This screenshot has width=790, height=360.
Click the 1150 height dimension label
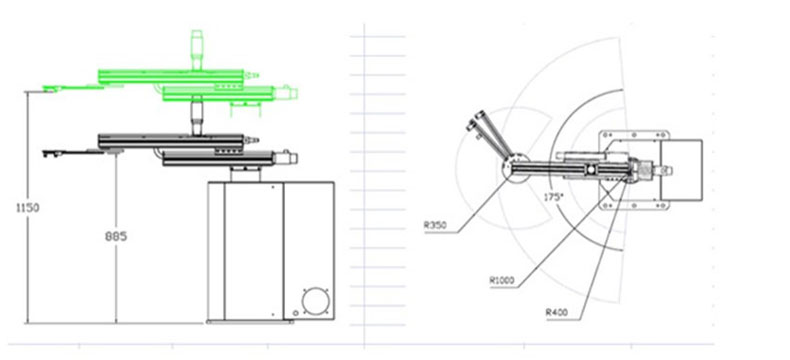pyautogui.click(x=28, y=207)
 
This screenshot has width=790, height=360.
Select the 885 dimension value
pyautogui.click(x=116, y=236)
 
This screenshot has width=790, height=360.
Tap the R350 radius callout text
pyautogui.click(x=435, y=226)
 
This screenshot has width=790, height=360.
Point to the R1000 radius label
pyautogui.click(x=502, y=280)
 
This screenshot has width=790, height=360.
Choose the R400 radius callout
pyautogui.click(x=557, y=313)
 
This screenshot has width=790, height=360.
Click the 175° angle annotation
pyautogui.click(x=553, y=197)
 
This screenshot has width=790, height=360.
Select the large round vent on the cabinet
pyautogui.click(x=316, y=301)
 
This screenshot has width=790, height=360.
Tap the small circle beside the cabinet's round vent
pyautogui.click(x=296, y=313)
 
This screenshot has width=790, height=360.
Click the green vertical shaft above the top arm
pyautogui.click(x=196, y=50)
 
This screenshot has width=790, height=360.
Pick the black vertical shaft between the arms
pyautogui.click(x=196, y=119)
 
